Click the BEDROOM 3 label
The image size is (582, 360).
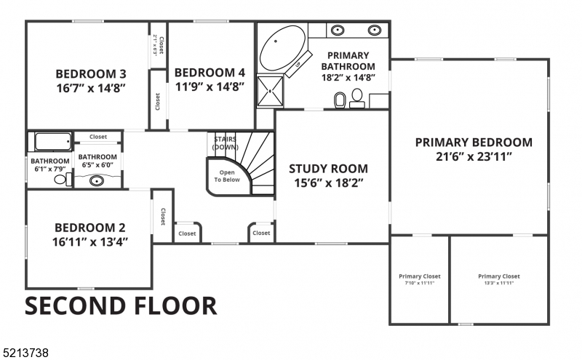92,74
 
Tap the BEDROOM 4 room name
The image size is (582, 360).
210,73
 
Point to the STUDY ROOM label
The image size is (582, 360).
328,169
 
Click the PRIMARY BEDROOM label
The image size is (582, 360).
473,143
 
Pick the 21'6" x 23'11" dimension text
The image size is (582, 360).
473,156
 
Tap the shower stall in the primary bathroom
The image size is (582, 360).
271,89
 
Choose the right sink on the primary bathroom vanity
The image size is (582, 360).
374,31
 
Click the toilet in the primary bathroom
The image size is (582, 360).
339,98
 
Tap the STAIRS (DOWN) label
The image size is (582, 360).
226,143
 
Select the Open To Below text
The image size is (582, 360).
225,176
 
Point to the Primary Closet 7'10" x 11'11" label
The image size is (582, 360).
419,279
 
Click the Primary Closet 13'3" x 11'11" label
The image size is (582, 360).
499,279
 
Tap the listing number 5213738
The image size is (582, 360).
26,353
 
